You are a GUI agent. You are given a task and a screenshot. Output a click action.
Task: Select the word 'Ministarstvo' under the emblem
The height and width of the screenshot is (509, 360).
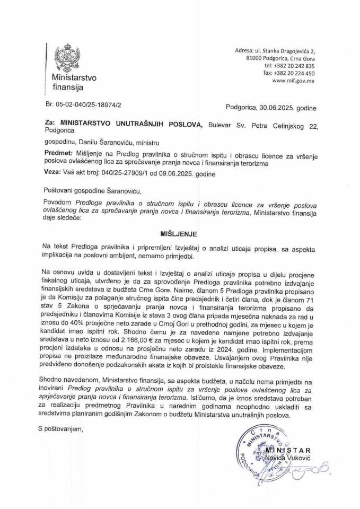coord(70,78)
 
